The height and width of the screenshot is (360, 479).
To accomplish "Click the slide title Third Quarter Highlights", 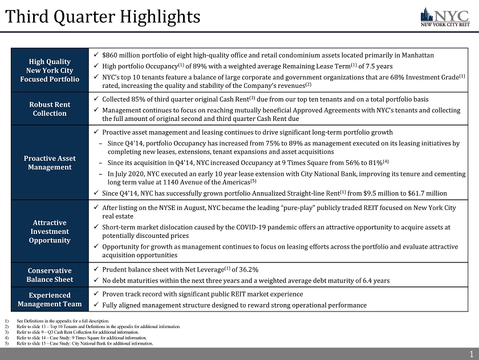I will (x=103, y=17).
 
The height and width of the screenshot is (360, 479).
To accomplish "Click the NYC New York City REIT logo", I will (x=445, y=17).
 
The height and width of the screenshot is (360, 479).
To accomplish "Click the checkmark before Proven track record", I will (x=95, y=294).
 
